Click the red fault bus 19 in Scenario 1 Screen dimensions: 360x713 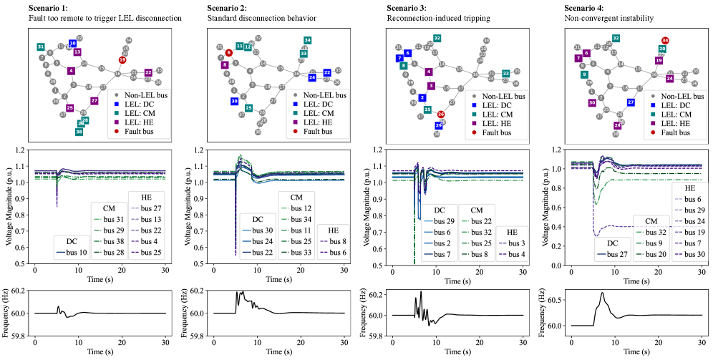pos(122,60)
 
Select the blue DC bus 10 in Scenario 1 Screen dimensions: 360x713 pos(72,44)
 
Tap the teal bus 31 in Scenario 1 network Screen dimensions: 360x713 pos(41,47)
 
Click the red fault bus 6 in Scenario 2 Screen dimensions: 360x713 pos(229,53)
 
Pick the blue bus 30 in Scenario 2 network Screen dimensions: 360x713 pos(234,102)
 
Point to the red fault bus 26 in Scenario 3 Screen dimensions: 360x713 pos(440,115)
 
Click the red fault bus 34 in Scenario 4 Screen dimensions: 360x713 pos(665,40)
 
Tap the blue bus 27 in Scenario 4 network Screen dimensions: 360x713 pos(631,102)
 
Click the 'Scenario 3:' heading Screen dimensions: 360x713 pos(406,7)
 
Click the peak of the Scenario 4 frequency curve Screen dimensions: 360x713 pos(603,293)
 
